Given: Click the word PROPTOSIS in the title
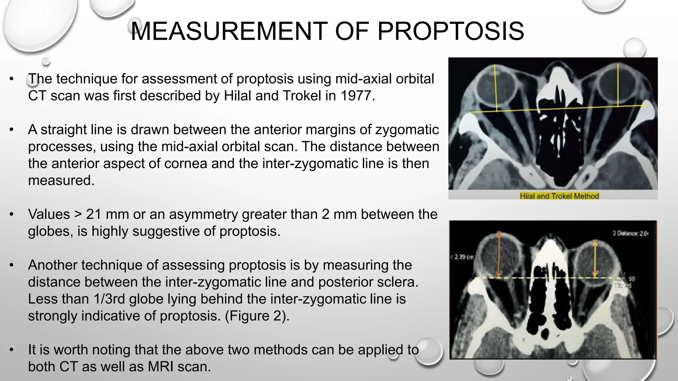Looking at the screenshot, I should (x=451, y=31).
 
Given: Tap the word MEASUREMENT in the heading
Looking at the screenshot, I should (x=229, y=31).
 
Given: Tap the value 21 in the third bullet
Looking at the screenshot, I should (x=96, y=214).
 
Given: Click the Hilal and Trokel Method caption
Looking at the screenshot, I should (x=559, y=196).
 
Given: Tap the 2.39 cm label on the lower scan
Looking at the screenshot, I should (x=462, y=257).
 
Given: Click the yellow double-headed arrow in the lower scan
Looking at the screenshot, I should (x=595, y=256).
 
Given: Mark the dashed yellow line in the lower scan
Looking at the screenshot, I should (x=546, y=278).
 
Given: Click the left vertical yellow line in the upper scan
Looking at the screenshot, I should (x=496, y=89).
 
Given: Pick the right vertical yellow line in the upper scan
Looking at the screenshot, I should (x=618, y=86).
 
